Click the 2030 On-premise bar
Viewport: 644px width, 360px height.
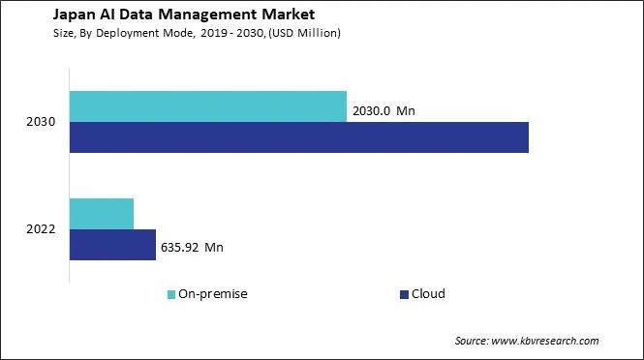(x=208, y=106)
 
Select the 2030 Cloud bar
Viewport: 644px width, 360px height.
(x=299, y=137)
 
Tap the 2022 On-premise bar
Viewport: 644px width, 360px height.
(x=102, y=213)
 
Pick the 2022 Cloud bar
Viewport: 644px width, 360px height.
(x=112, y=245)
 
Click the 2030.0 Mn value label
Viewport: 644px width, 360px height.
(x=384, y=111)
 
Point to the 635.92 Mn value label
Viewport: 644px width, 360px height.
(x=193, y=248)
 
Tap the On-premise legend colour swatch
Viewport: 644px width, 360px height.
(x=171, y=294)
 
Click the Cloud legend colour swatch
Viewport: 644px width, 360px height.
(x=403, y=294)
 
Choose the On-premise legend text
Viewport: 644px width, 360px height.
(x=212, y=294)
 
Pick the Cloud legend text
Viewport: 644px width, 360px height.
(x=428, y=294)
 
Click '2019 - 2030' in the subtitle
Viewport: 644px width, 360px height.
(x=230, y=33)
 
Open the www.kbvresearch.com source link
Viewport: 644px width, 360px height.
(x=547, y=341)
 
